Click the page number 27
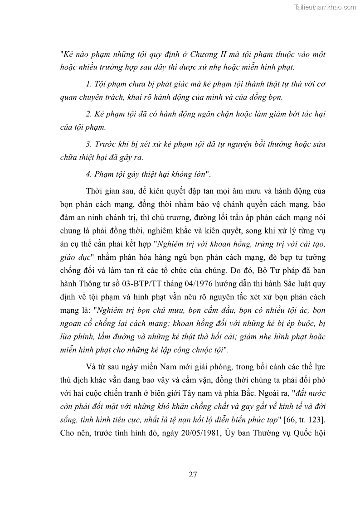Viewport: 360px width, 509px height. click(192, 475)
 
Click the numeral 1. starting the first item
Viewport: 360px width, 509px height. click(88, 84)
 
